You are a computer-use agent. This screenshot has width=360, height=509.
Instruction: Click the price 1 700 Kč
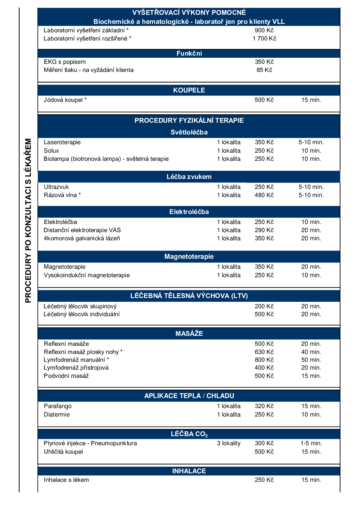coord(264,38)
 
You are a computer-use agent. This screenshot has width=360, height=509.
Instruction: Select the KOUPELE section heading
coord(189,90)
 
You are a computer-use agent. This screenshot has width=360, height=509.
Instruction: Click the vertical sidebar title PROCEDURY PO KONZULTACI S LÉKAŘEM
coord(28,221)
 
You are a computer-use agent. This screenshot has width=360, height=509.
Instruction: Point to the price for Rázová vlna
coord(264,195)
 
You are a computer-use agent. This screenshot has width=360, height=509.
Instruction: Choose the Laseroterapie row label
coord(62,142)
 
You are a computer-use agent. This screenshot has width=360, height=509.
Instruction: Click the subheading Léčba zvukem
coord(189,177)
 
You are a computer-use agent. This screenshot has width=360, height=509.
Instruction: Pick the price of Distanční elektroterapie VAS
coord(264,230)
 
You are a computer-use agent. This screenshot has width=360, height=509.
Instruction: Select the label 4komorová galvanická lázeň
coord(82,238)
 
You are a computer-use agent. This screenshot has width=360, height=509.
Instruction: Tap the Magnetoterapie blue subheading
coord(189,256)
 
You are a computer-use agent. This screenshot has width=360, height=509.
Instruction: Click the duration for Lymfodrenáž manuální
coord(311,360)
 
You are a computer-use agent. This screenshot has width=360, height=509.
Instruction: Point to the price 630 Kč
coord(264,352)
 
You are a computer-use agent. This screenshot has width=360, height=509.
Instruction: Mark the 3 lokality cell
coord(229,443)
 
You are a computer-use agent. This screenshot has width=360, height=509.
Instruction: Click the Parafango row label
coord(57,406)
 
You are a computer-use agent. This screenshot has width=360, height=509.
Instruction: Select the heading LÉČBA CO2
coord(189,434)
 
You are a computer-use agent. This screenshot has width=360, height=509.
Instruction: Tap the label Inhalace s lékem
coord(66,480)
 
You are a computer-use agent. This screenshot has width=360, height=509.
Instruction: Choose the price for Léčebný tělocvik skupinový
coord(264,306)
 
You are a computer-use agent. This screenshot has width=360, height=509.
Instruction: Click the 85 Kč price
coord(264,70)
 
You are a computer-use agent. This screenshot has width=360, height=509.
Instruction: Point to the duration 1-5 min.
coord(311,443)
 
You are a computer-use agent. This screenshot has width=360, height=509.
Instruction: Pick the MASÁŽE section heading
coord(189,333)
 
